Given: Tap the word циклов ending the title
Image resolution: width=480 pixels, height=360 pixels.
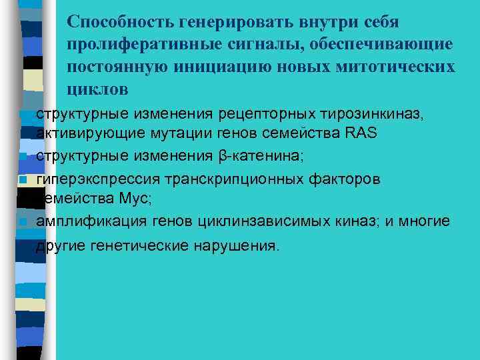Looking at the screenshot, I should click(x=97, y=89).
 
